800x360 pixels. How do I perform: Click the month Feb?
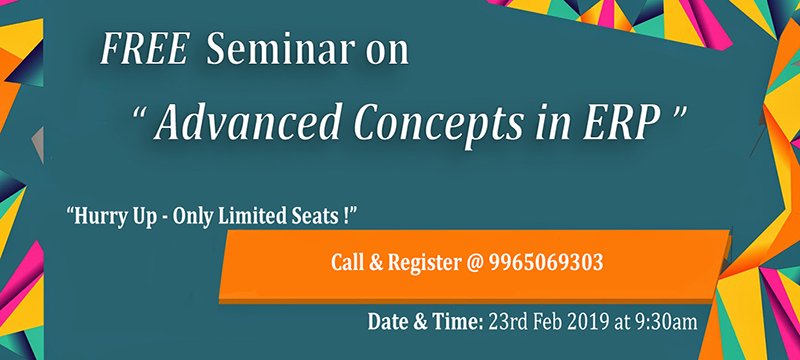[x=550, y=322]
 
